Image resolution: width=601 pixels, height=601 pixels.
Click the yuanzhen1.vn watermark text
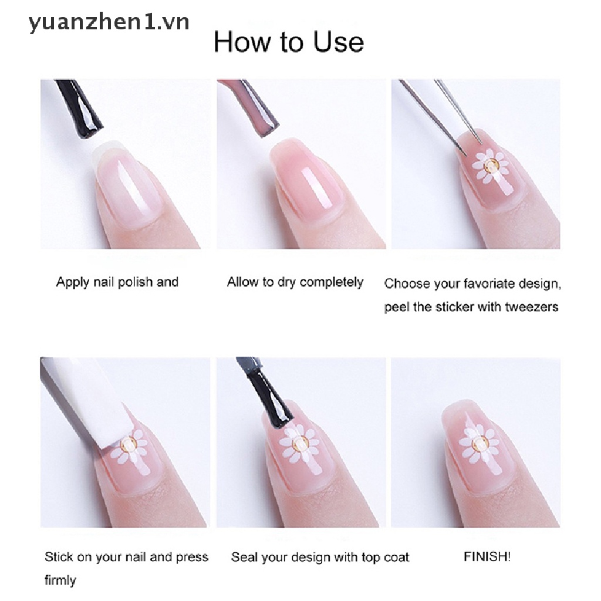tap(109, 23)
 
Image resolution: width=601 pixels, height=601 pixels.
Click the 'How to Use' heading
tap(289, 42)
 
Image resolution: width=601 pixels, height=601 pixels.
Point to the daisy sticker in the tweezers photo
tap(490, 166)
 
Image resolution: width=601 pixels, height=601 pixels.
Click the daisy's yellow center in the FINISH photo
tap(479, 444)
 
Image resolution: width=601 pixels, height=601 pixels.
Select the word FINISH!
tap(487, 556)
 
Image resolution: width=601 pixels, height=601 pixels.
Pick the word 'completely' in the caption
tap(332, 282)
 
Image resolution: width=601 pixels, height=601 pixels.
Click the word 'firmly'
tap(60, 580)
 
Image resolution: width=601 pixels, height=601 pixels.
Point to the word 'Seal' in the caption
tap(244, 556)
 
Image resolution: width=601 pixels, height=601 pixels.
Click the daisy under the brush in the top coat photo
tap(299, 444)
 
